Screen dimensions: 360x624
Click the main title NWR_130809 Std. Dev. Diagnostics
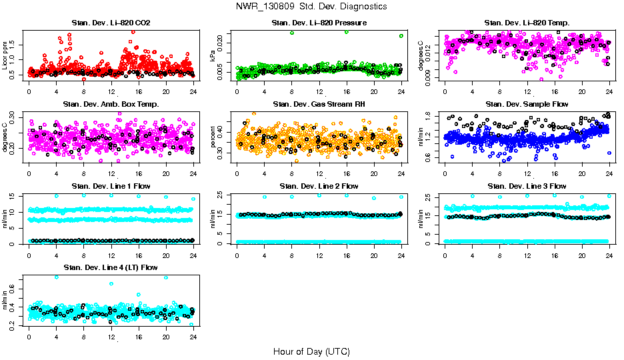coord(311,7)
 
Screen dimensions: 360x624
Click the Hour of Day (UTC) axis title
coord(311,351)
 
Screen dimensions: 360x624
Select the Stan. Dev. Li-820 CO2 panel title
coord(111,23)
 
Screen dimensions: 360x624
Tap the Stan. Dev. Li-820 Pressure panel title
coord(319,23)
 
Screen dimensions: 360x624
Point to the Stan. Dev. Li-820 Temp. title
coord(527,23)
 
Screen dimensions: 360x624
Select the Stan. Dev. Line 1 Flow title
coord(111,186)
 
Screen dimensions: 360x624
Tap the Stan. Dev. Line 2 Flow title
coord(319,186)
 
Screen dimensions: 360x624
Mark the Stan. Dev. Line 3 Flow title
coord(527,186)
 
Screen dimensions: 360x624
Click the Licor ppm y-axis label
coord(5,55)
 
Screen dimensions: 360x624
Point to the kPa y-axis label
coord(213,55)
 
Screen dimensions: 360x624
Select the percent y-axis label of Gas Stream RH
coord(213,137)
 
